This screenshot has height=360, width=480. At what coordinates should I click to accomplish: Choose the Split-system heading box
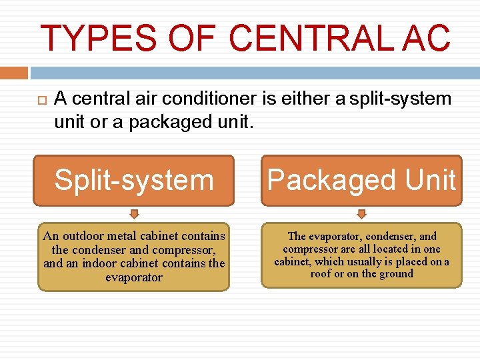[x=134, y=180]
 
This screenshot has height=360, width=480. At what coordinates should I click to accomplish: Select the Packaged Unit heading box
[x=361, y=180]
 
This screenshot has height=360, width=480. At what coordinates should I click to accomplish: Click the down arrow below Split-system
[x=134, y=214]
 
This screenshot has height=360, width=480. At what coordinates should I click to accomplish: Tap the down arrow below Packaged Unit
[x=361, y=214]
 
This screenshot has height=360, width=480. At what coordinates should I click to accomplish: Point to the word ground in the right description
[x=396, y=273]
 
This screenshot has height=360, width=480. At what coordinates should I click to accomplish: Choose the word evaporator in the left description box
[x=134, y=277]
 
